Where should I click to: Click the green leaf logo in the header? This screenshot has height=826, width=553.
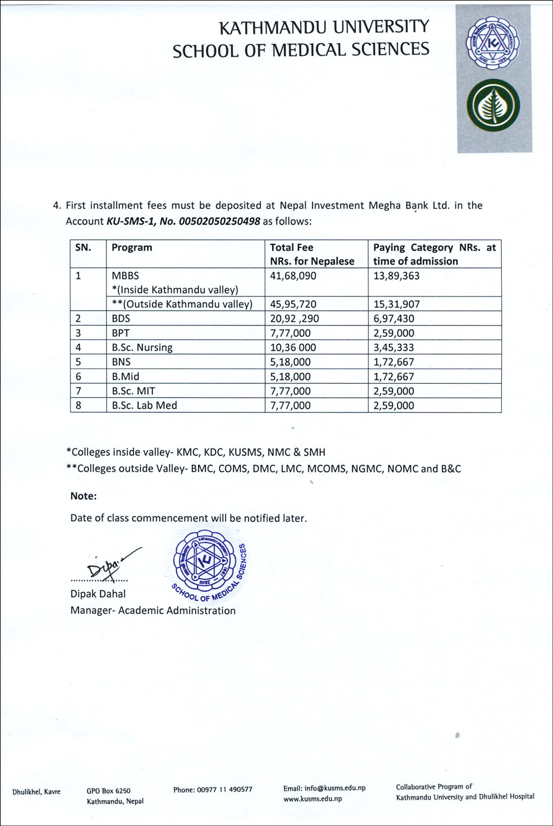(x=493, y=105)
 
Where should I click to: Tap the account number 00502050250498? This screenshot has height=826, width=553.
(x=222, y=221)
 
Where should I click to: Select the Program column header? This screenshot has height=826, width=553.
(x=132, y=248)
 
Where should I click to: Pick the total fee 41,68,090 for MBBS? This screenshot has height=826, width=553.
(x=293, y=276)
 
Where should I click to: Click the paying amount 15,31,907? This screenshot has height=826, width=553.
(x=396, y=304)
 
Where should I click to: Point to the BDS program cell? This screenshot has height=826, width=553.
(x=121, y=319)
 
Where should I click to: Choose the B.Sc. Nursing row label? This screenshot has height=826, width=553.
(x=142, y=348)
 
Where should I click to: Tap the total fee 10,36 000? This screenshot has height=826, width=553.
(x=293, y=348)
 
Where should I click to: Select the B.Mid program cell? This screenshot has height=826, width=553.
(x=125, y=377)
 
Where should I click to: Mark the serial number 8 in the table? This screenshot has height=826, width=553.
(x=79, y=405)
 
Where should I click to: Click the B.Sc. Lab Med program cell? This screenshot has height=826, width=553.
(x=144, y=405)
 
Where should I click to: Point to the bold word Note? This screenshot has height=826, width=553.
(x=84, y=496)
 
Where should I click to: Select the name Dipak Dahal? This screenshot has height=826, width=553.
(x=98, y=594)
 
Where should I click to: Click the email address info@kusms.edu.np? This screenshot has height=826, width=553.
(x=334, y=788)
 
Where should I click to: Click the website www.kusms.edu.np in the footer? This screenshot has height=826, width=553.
(x=313, y=799)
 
